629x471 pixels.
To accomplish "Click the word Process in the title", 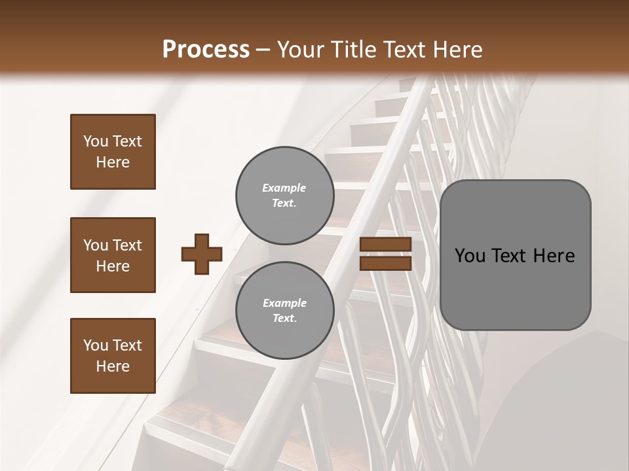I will (x=206, y=49).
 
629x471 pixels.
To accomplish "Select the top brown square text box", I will (x=113, y=152).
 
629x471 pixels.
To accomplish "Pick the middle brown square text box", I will (x=113, y=255).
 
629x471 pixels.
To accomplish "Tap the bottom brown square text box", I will (x=113, y=355).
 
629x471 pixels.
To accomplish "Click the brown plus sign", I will (x=202, y=254).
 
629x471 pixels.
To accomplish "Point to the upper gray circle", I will (x=284, y=195).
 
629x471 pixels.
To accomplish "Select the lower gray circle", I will (x=284, y=310).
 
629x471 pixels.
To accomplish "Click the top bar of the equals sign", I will (x=386, y=245).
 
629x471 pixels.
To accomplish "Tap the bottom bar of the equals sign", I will (x=386, y=263).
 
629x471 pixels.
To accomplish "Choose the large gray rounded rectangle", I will (x=515, y=254).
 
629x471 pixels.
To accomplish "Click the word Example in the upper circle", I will (x=284, y=188).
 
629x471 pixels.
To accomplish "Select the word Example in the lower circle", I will (x=284, y=303).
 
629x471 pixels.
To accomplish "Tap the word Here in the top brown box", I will (x=113, y=162).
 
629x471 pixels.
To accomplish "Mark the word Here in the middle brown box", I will (x=113, y=266).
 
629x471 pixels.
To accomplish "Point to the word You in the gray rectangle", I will (x=470, y=256).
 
